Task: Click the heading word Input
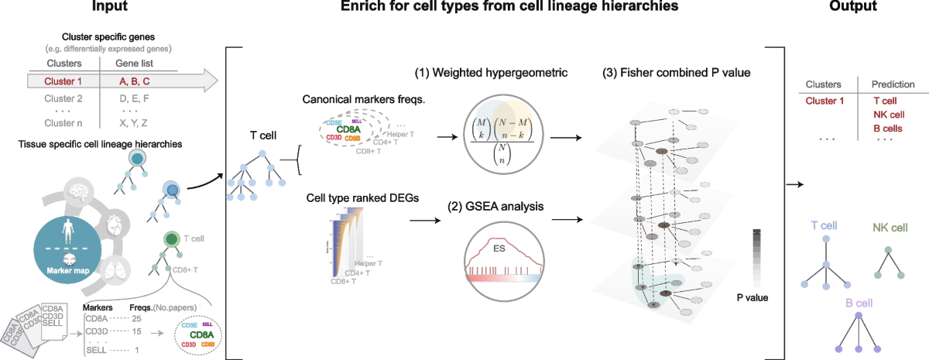109,7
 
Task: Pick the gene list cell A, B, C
135,80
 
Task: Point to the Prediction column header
893,84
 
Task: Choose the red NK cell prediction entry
890,114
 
